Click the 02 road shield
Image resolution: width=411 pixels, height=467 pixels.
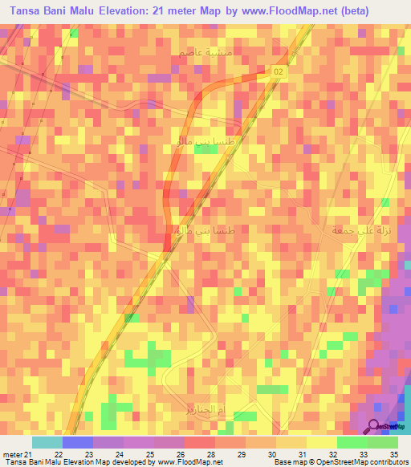[279, 72]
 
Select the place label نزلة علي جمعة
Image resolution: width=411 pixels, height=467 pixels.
[355, 229]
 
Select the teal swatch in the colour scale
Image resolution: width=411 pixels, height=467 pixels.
[47, 443]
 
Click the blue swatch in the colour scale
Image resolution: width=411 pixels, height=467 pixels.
[78, 443]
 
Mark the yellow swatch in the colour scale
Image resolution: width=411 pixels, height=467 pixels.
[321, 443]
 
